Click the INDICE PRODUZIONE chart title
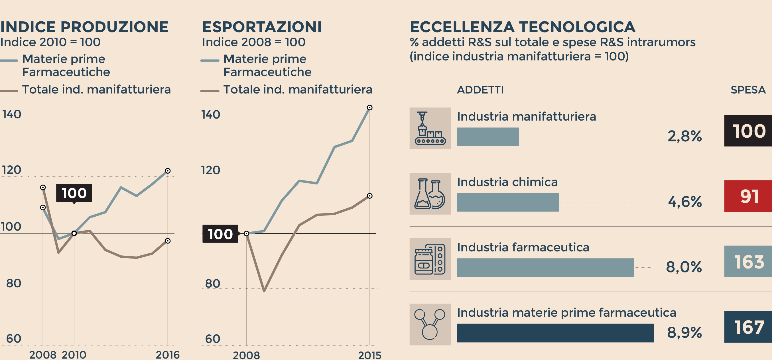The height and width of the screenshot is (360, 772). tap(84, 27)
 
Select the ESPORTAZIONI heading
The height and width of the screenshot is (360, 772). tap(262, 27)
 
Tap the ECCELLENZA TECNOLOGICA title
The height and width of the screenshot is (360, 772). tap(522, 27)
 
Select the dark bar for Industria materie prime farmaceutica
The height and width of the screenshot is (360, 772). tap(555, 333)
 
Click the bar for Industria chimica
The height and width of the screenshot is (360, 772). tap(507, 202)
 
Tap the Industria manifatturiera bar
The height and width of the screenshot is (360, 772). tap(487, 137)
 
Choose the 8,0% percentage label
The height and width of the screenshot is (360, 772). tap(684, 267)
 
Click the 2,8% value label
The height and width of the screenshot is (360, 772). tap(684, 136)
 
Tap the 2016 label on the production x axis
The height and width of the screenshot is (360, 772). tap(168, 355)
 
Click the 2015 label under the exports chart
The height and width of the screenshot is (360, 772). tap(369, 355)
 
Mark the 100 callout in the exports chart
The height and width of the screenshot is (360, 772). tap(220, 234)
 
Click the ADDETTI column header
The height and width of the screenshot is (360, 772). tap(480, 90)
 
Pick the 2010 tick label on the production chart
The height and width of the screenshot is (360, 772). tap(74, 355)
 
